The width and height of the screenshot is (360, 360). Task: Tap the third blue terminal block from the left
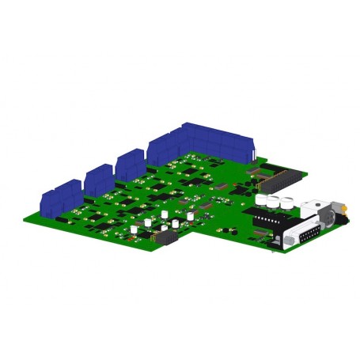click(x=129, y=164)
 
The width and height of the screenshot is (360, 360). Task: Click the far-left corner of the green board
click(x=21, y=218)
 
